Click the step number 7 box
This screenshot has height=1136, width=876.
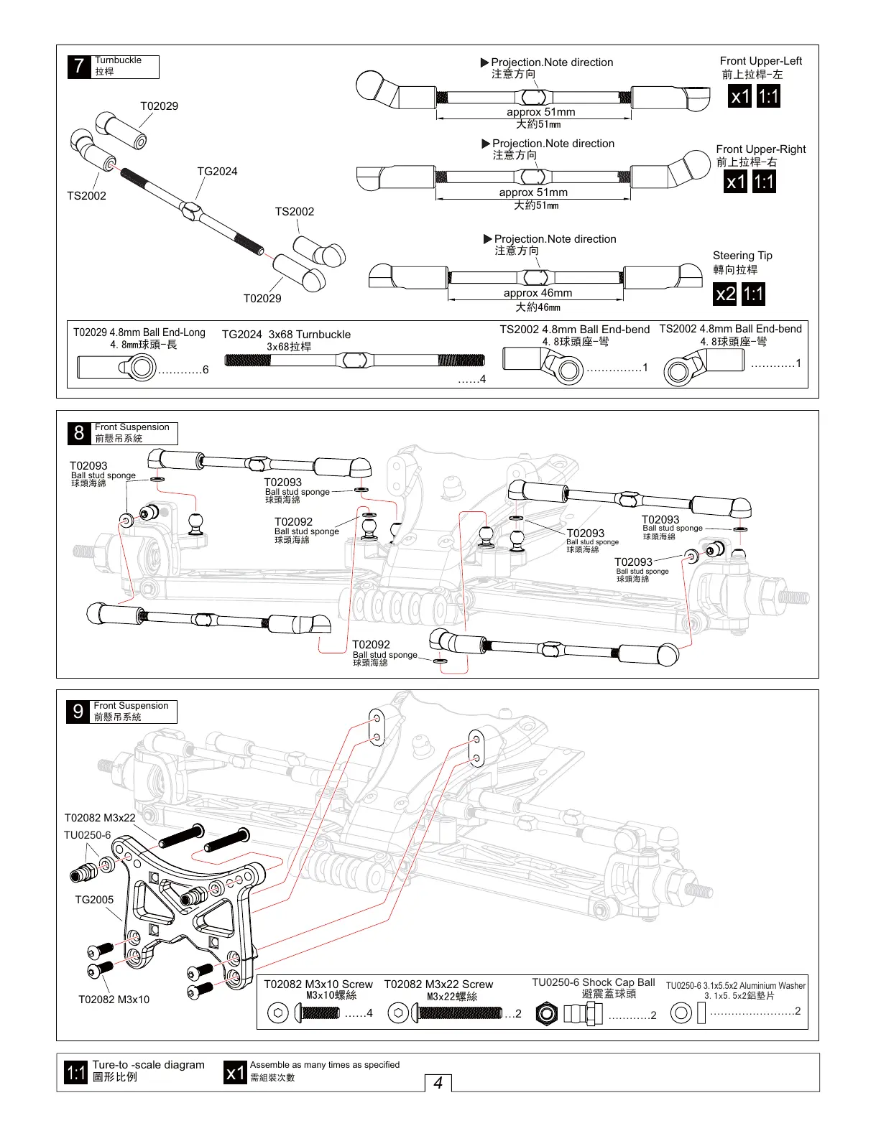click(x=79, y=67)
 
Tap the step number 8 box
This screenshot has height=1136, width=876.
click(x=79, y=433)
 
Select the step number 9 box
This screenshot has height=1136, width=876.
click(x=78, y=712)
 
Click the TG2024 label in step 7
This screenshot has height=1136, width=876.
click(x=217, y=172)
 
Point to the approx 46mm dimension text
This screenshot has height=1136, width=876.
click(x=538, y=293)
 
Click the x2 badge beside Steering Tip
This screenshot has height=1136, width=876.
click(x=726, y=294)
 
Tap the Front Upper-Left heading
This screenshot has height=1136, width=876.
click(x=760, y=61)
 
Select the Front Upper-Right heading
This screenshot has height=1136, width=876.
click(x=760, y=149)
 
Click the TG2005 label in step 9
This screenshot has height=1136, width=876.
click(x=94, y=900)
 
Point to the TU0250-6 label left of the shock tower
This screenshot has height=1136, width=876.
click(x=87, y=835)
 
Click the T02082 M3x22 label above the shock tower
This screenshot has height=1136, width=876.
click(x=100, y=818)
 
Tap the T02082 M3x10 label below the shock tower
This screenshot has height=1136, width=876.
click(x=114, y=1000)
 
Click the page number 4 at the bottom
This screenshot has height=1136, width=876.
click(x=438, y=1083)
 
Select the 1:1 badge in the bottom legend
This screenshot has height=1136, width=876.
click(x=76, y=1073)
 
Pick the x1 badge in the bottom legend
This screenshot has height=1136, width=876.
click(x=235, y=1073)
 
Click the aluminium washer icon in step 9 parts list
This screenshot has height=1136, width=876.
click(x=681, y=1013)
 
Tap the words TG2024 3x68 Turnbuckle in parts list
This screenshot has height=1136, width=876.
click(x=286, y=335)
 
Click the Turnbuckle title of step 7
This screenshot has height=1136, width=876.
click(x=118, y=60)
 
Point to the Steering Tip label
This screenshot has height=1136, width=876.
click(x=742, y=256)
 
